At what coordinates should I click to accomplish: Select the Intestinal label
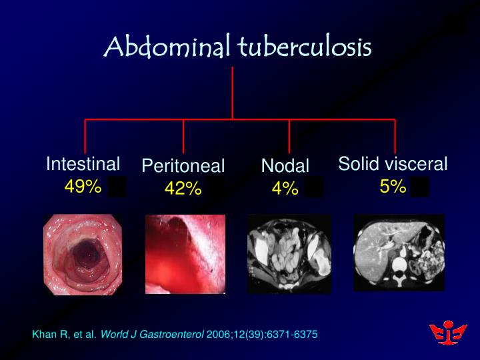point(83,164)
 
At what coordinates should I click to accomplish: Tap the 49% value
point(83,187)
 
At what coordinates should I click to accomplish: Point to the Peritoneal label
point(183,167)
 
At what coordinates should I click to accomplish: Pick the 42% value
point(183,189)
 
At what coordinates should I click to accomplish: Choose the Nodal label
point(285,167)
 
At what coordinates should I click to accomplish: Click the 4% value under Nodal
point(285,189)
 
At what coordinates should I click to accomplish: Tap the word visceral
point(418,164)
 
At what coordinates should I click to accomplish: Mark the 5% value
point(393,187)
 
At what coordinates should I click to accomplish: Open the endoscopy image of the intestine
point(83,254)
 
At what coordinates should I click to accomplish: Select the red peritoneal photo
point(185,254)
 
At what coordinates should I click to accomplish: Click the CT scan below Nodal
point(289,254)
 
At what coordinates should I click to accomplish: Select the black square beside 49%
point(117,187)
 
